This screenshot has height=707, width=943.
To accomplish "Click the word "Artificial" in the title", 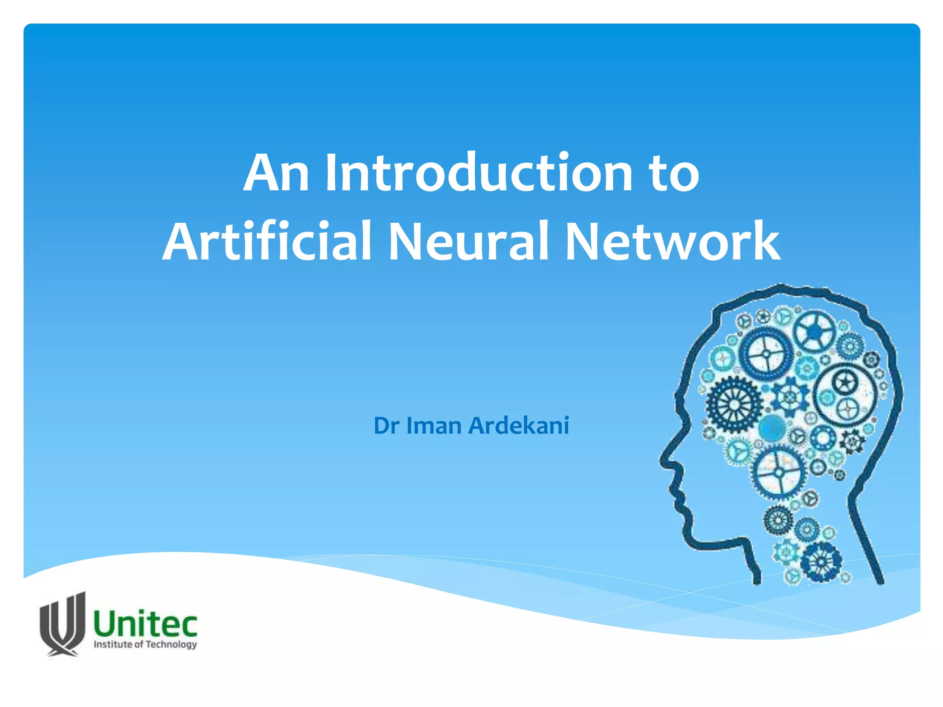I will tap(267, 241).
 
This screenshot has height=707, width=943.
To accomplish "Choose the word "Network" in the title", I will tap(672, 241).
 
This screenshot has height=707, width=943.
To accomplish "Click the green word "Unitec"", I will tap(146, 625).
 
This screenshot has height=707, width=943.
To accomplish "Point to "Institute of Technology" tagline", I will tap(146, 644).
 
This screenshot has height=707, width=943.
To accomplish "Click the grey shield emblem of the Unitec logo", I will tap(63, 624).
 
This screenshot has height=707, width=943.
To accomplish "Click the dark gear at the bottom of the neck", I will tap(821, 562).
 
